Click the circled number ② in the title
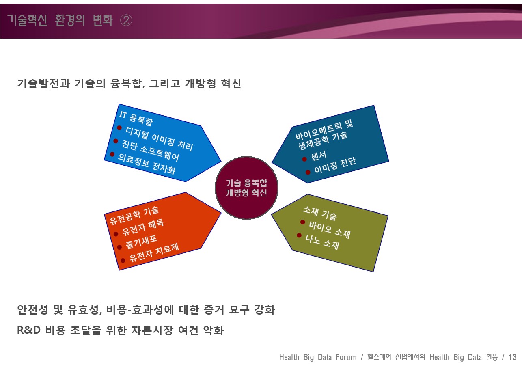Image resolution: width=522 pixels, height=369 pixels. [x=126, y=20]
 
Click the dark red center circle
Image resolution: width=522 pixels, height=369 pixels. [x=246, y=188]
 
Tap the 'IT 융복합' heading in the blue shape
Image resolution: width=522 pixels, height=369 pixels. [x=136, y=119]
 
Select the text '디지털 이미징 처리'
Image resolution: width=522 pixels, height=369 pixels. [x=160, y=139]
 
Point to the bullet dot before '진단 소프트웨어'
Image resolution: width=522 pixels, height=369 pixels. [x=116, y=141]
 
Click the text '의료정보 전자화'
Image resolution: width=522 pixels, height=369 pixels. [x=147, y=164]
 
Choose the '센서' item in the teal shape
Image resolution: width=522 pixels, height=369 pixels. [x=319, y=156]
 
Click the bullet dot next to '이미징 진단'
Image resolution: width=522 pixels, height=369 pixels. [x=308, y=172]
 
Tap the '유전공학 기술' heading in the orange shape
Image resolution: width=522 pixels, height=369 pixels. [x=134, y=216]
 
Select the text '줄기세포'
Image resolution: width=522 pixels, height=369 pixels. [x=141, y=242]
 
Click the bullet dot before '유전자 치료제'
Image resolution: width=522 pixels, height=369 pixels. [x=123, y=260]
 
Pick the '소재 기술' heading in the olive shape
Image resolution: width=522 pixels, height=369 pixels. [x=320, y=213]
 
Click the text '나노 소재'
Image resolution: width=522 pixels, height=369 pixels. [x=322, y=242]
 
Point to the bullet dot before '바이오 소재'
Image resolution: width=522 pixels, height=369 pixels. [x=302, y=222]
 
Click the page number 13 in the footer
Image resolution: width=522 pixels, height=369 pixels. [x=512, y=357]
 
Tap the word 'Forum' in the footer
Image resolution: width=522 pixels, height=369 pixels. [x=346, y=357]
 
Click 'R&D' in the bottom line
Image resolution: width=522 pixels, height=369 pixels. [x=29, y=330]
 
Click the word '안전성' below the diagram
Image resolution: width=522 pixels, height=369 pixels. [x=32, y=310]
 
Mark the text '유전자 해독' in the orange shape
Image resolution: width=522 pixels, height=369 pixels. [x=143, y=227]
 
